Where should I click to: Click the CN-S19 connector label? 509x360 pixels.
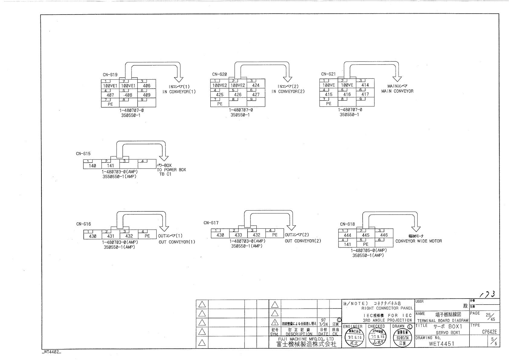[x=110, y=75]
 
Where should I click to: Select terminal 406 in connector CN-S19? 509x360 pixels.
[x=147, y=86]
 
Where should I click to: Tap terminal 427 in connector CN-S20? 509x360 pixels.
[x=256, y=94]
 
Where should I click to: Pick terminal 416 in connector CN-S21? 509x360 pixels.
[x=347, y=94]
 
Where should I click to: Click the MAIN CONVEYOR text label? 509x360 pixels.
[x=397, y=91]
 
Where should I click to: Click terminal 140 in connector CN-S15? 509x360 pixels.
[x=92, y=165]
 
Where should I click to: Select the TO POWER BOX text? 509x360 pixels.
[x=171, y=170]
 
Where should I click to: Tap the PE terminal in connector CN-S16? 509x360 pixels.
[x=147, y=236]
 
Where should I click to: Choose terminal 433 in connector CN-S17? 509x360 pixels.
[x=238, y=235]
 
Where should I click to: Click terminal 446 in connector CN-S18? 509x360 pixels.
[x=384, y=235]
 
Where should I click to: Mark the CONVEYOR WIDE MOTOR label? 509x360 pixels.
[x=419, y=241]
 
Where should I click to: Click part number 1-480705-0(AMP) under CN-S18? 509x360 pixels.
[x=369, y=250]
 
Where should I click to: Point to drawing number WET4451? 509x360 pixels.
[x=441, y=343]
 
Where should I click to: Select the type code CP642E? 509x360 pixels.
[x=489, y=332]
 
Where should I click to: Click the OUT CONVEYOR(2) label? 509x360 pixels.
[x=303, y=241]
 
